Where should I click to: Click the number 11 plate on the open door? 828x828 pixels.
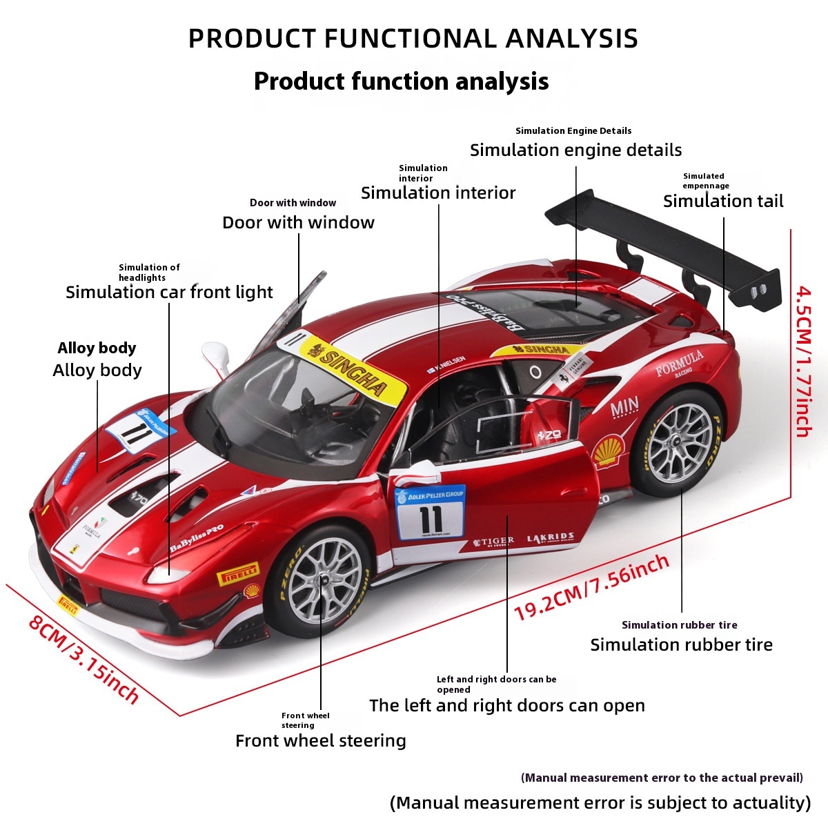(430, 514)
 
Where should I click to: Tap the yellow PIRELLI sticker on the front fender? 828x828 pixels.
(238, 573)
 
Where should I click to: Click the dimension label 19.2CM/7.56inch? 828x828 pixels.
(592, 587)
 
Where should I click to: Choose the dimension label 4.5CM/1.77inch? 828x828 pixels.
(803, 362)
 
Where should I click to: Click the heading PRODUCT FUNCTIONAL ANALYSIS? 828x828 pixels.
(413, 39)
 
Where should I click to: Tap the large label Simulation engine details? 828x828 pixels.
(575, 150)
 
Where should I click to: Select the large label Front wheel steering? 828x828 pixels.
(321, 741)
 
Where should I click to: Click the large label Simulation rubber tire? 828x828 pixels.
(681, 645)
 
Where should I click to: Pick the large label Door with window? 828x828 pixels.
(298, 223)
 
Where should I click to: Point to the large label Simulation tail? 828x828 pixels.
(723, 201)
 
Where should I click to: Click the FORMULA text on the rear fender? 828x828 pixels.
(679, 362)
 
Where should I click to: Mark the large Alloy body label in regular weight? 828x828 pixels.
(97, 371)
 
